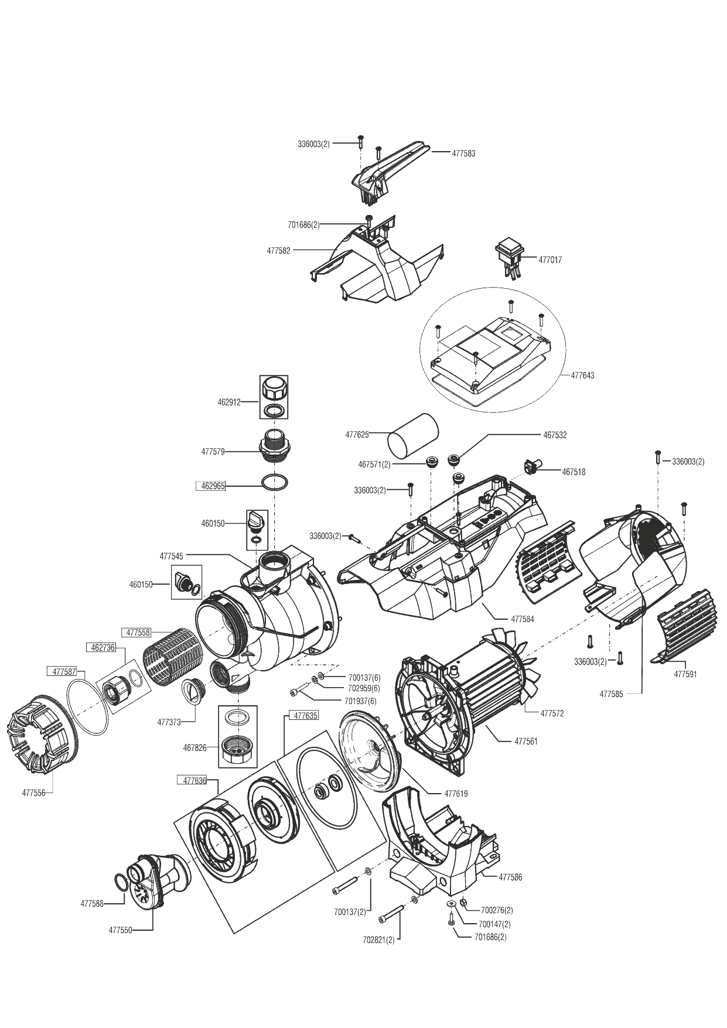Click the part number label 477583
point(463,153)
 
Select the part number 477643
point(582,375)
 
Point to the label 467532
point(555,435)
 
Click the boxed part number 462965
point(210,486)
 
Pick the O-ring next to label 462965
point(274,483)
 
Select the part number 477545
point(171,555)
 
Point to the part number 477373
point(169,722)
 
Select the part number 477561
point(525,742)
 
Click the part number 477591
point(685,674)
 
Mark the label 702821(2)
point(378,941)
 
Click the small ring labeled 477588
point(119,883)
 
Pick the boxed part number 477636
point(194,780)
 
